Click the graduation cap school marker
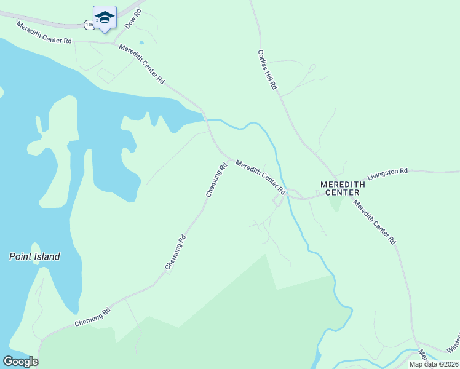point(105,17)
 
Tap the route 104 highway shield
point(90,24)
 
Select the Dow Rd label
point(132,19)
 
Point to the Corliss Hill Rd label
point(268,70)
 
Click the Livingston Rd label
point(387,174)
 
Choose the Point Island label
point(34,256)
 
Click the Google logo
point(20,362)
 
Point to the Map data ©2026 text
point(434,364)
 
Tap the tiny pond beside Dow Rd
point(142,42)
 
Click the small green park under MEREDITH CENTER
point(335,203)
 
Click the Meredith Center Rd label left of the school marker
point(44,32)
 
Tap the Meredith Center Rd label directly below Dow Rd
point(142,64)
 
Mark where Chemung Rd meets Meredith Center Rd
point(231,159)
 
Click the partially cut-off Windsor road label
point(453,347)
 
